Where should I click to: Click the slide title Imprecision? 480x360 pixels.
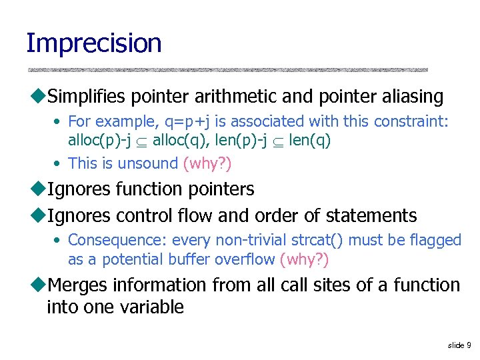(x=93, y=43)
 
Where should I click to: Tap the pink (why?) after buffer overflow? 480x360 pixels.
(x=304, y=259)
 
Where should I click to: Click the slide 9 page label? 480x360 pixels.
(x=459, y=345)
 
